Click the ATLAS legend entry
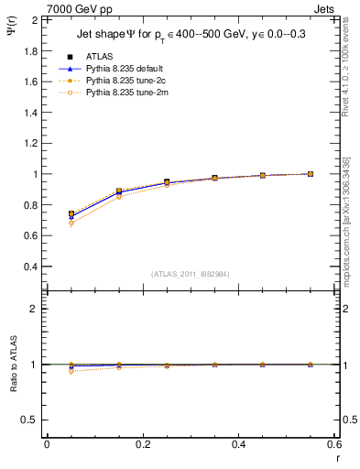98,56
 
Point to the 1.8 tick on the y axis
30,50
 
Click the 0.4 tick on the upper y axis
30,267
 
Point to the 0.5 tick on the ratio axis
30,420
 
